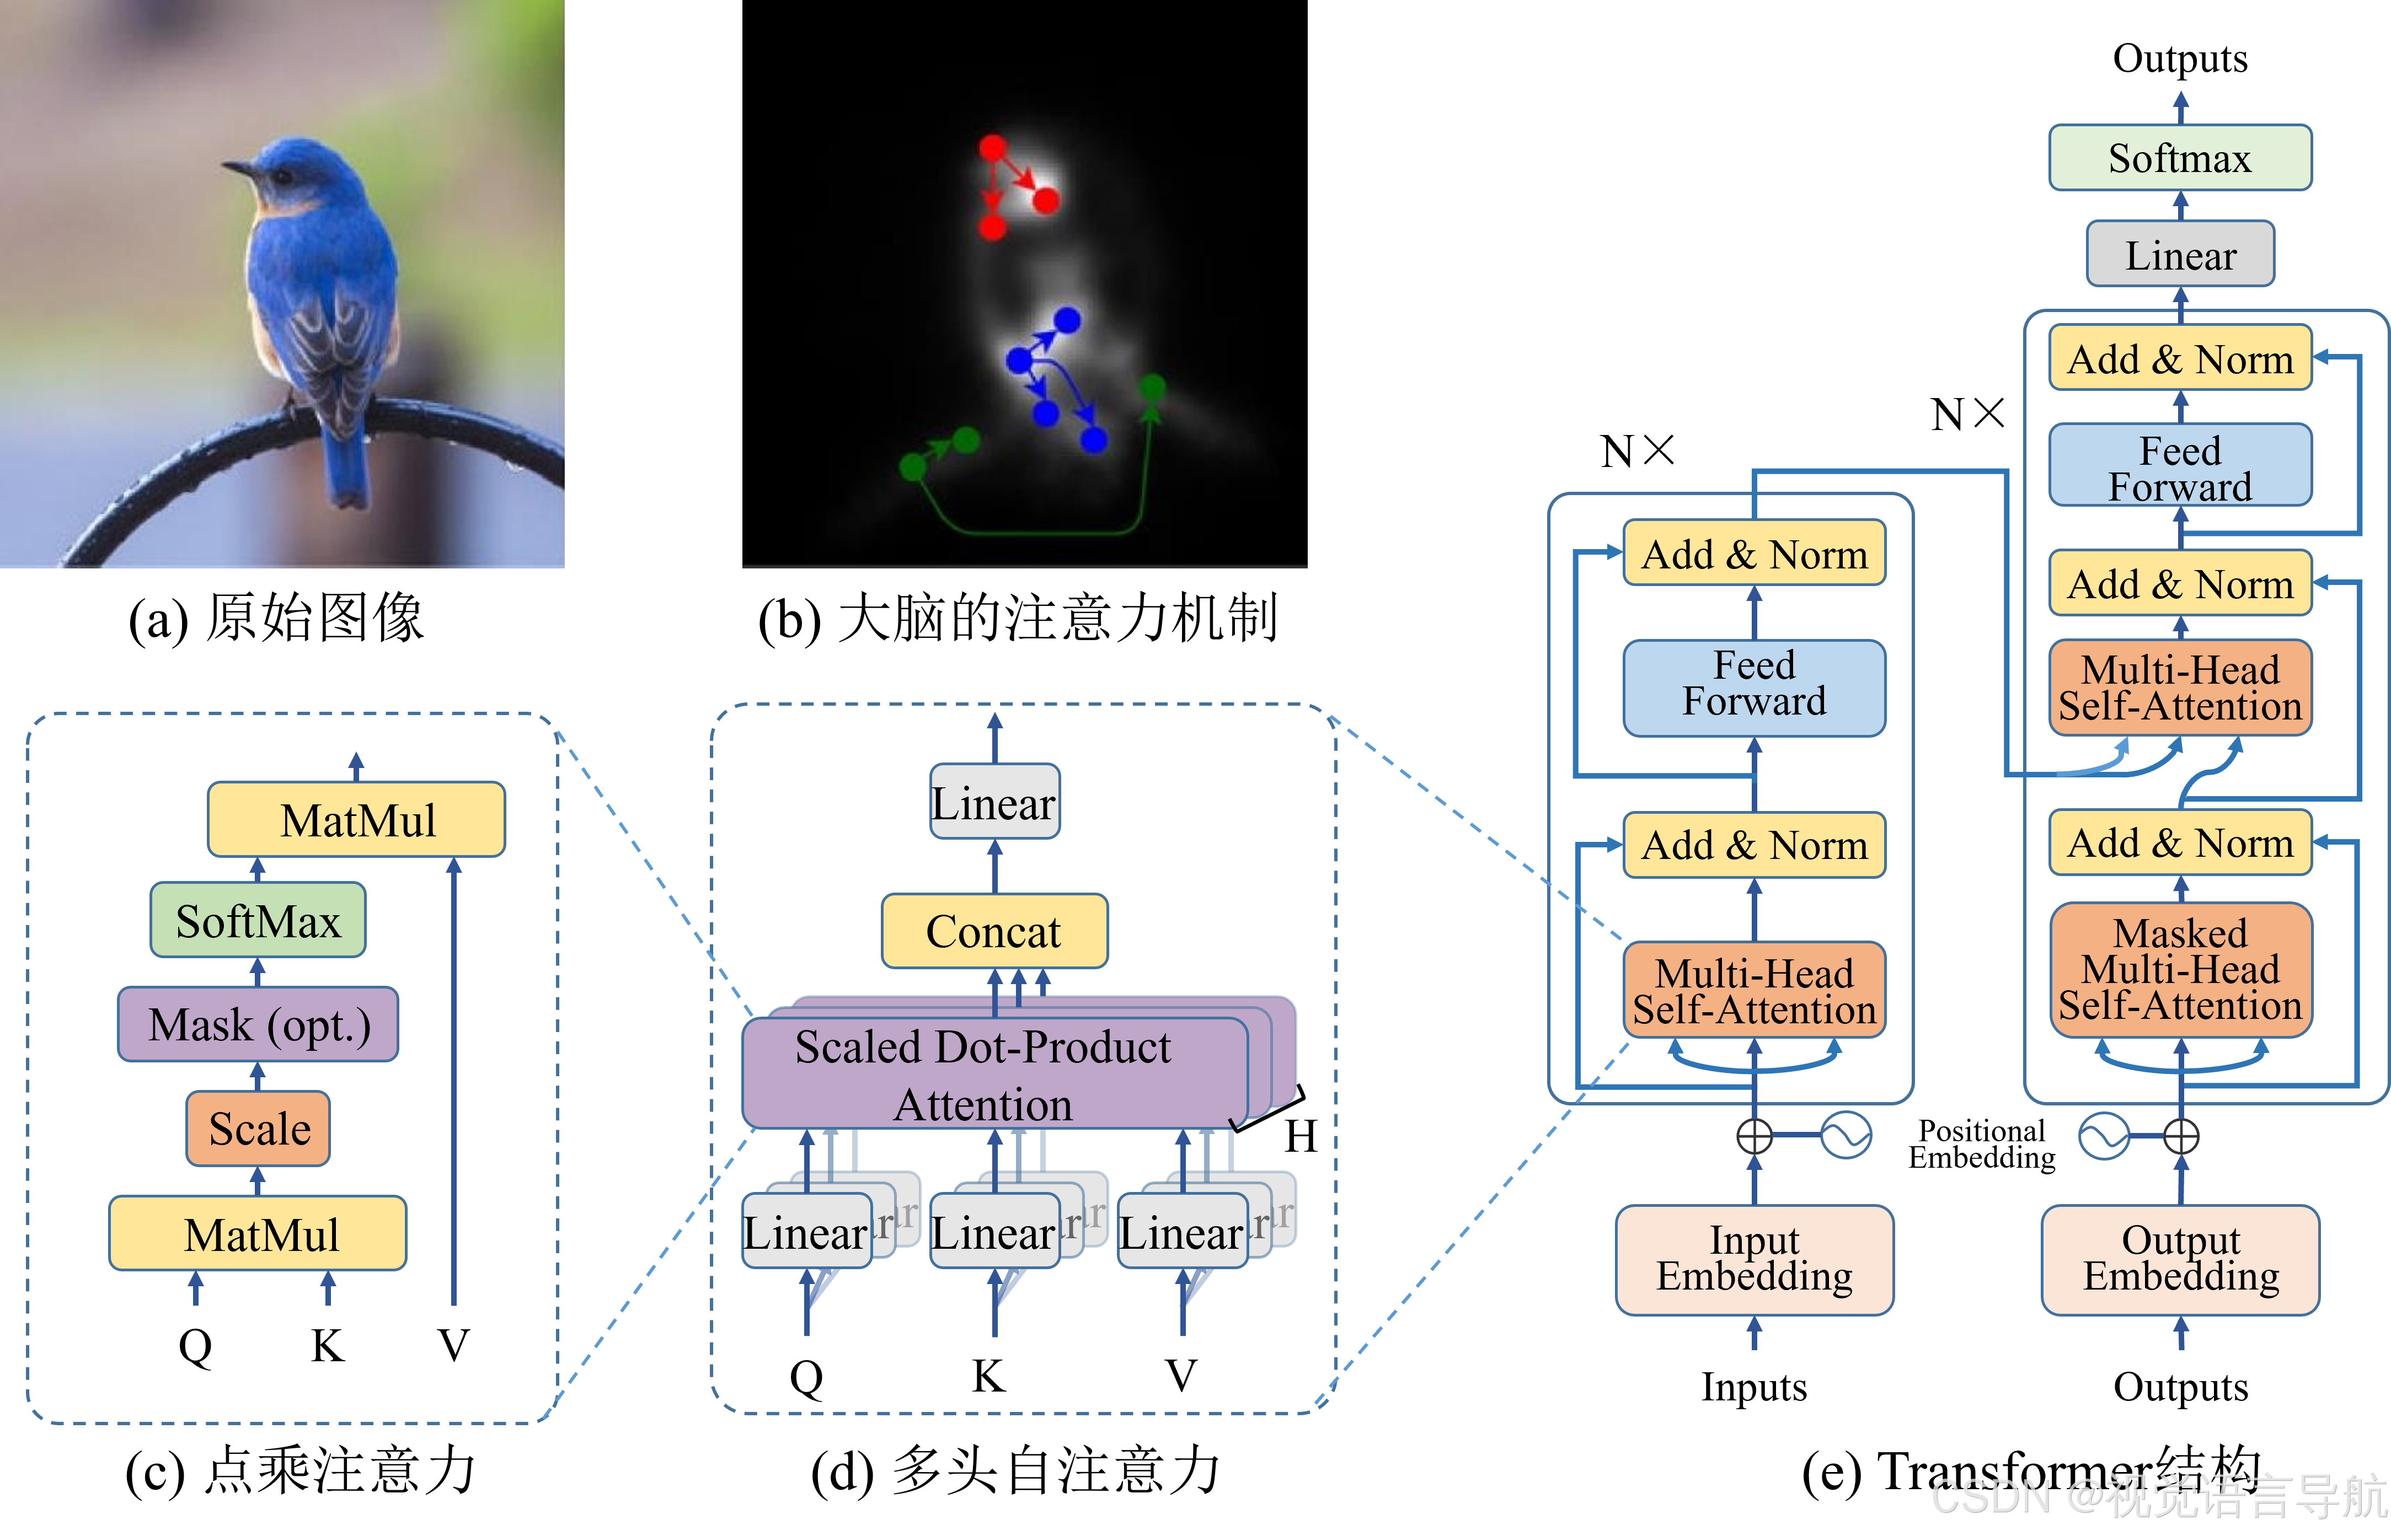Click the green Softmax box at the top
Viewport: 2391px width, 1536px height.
(x=2180, y=158)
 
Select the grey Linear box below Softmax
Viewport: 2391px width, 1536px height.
(x=2180, y=255)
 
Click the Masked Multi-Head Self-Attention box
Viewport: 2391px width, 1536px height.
(x=2180, y=969)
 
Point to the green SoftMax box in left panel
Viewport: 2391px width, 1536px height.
(x=258, y=921)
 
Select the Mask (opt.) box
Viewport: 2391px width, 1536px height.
(x=258, y=1024)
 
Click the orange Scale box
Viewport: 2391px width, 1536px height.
(x=258, y=1128)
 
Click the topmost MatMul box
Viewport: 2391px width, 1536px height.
(x=356, y=820)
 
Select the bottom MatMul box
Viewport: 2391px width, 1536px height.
(x=258, y=1234)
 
